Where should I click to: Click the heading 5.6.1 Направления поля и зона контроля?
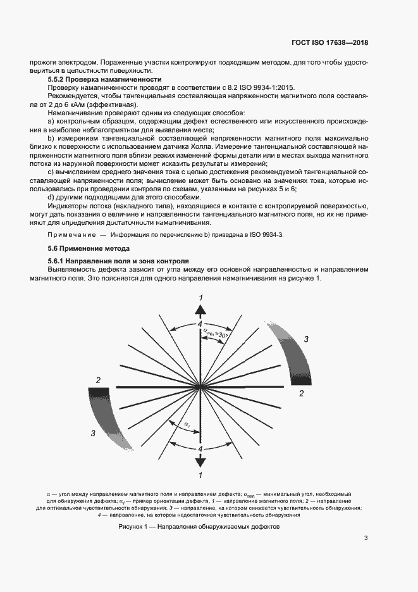(x=119, y=261)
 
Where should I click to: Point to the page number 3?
(x=366, y=538)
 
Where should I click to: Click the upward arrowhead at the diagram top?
(x=200, y=309)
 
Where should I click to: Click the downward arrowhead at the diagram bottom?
(x=200, y=463)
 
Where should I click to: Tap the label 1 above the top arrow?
(x=201, y=298)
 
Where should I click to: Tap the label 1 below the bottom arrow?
(x=200, y=475)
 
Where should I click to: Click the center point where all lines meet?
(x=200, y=386)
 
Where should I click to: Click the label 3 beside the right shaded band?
(x=306, y=340)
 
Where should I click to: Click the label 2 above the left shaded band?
(x=98, y=379)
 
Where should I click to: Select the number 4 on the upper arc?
(x=200, y=324)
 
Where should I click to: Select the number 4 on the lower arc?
(x=200, y=448)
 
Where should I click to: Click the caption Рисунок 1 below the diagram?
(x=199, y=527)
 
